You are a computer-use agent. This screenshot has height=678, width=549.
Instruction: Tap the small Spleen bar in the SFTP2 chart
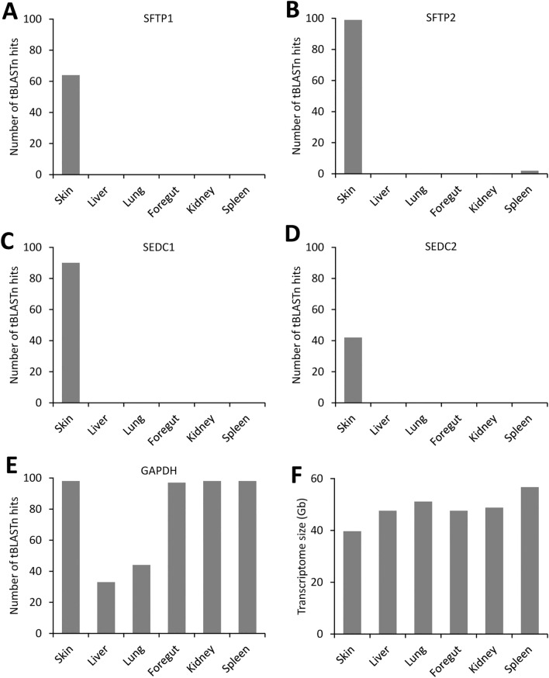(x=530, y=172)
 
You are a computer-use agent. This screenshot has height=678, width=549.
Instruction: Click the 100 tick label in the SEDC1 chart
(x=37, y=247)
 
